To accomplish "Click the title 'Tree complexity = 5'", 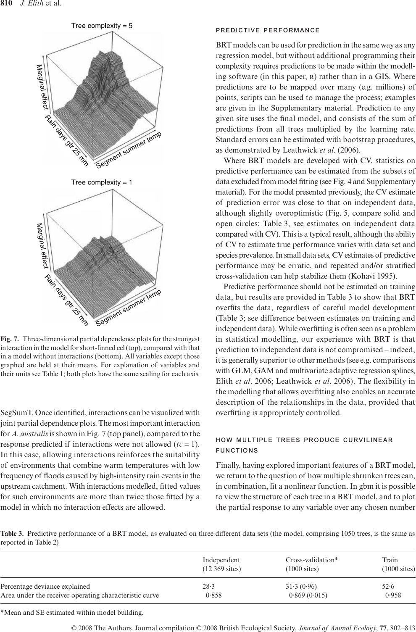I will pyautogui.click(x=102, y=26).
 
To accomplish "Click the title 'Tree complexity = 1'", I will pyautogui.click(x=102, y=182).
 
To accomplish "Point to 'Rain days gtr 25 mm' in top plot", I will pyautogui.click(x=67, y=140).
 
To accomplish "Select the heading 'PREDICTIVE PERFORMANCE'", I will pyautogui.click(x=267, y=30).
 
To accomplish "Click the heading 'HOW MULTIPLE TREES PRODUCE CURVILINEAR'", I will pyautogui.click(x=304, y=440).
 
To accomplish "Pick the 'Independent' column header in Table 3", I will pyautogui.click(x=221, y=560).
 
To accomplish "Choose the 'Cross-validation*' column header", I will pyautogui.click(x=312, y=560).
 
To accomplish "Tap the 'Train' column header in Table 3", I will pyautogui.click(x=390, y=560).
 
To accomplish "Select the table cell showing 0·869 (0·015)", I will pyautogui.click(x=308, y=595).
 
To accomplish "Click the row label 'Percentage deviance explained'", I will pyautogui.click(x=45, y=586).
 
